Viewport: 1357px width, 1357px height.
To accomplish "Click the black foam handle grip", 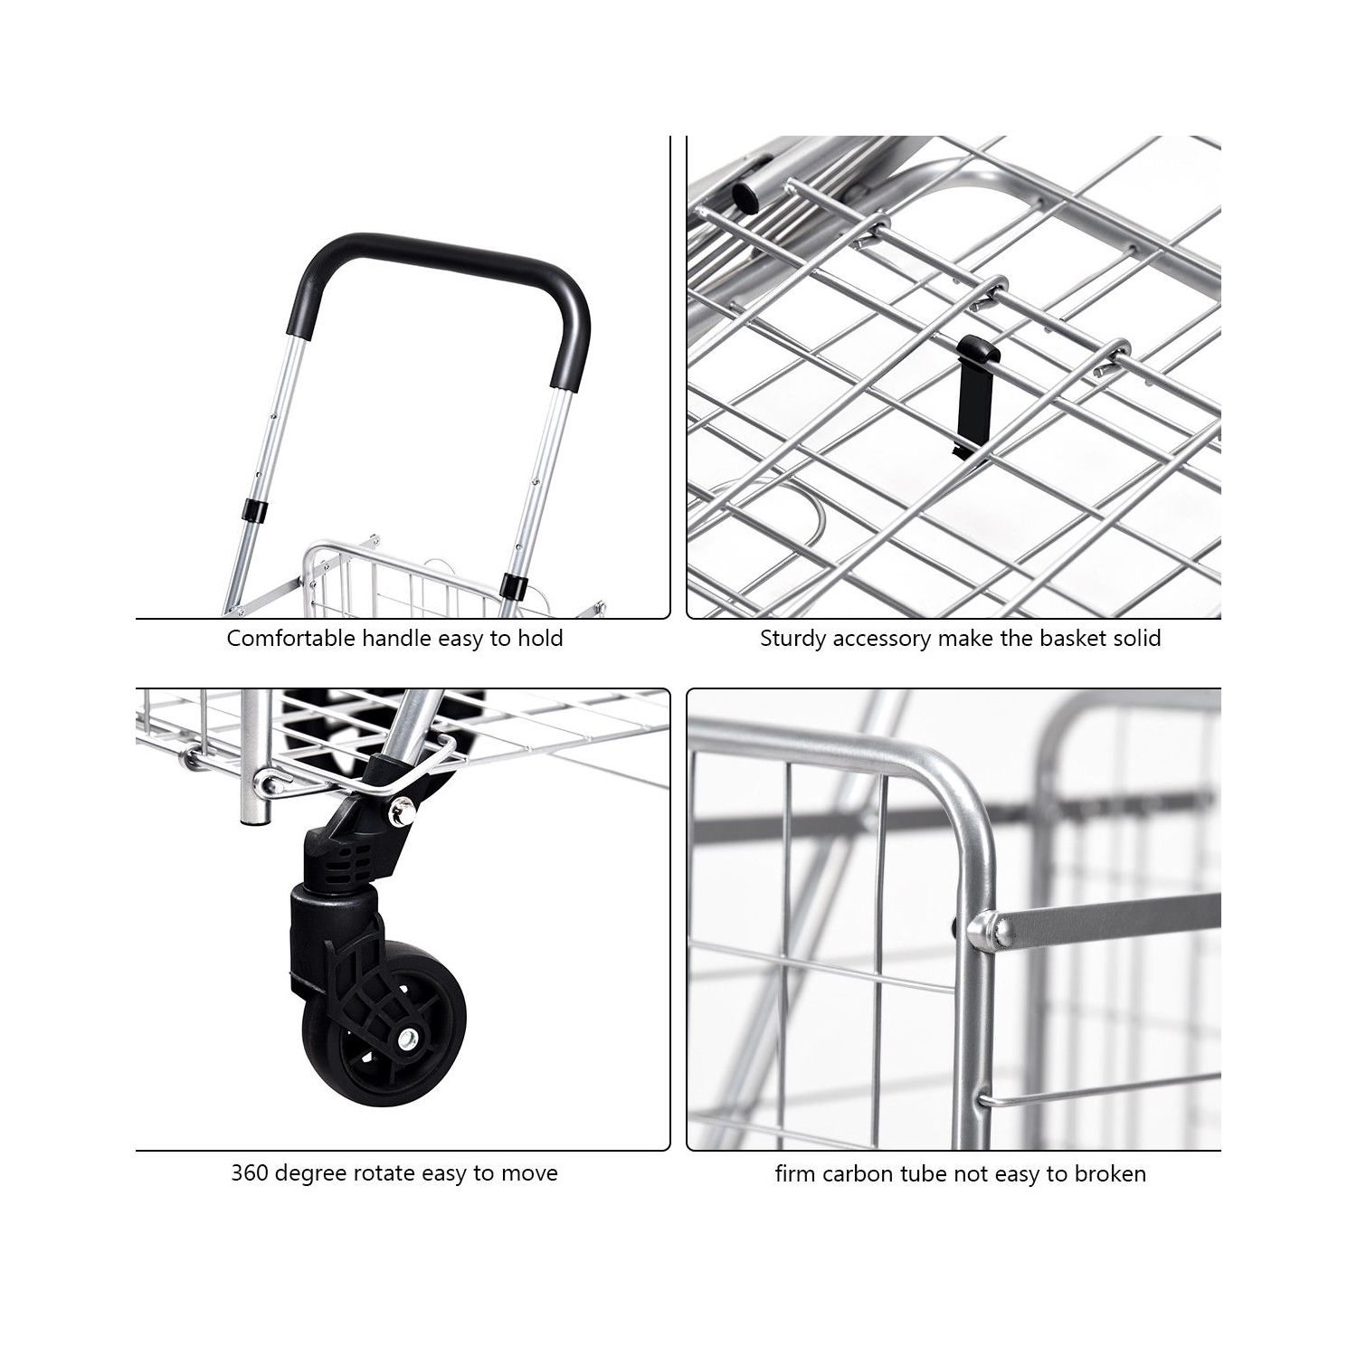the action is pyautogui.click(x=439, y=262).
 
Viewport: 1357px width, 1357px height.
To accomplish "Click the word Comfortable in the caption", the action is pyautogui.click(x=290, y=639).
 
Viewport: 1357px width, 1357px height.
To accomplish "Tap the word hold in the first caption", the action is pyautogui.click(x=540, y=639).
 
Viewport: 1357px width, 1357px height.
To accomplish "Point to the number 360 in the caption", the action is pyautogui.click(x=250, y=1173).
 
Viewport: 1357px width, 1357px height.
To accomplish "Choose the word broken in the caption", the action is pyautogui.click(x=1110, y=1174).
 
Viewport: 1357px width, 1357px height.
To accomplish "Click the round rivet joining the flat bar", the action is pyautogui.click(x=987, y=932).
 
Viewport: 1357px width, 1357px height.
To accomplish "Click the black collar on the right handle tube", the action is pyautogui.click(x=514, y=585).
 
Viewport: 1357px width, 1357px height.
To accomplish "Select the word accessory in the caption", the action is pyautogui.click(x=881, y=639).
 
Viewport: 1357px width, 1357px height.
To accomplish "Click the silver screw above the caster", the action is pyautogui.click(x=402, y=813).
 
